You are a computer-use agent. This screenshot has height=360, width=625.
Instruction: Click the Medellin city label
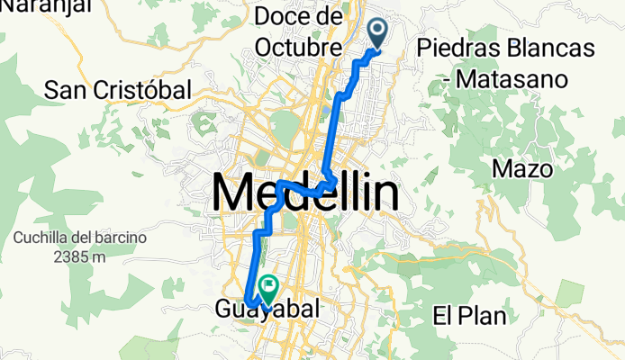306,193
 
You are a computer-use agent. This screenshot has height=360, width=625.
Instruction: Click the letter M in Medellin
231,193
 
